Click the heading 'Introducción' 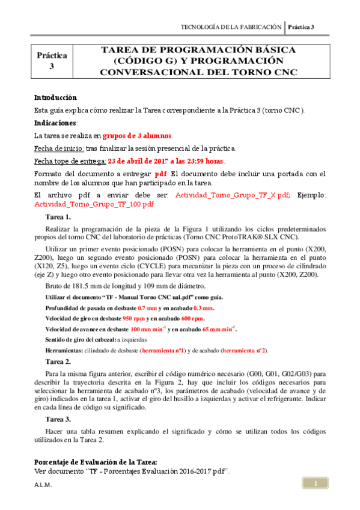click(x=56, y=97)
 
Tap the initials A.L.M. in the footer click(x=43, y=485)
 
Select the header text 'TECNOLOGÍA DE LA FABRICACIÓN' click(x=231, y=27)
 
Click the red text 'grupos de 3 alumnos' click(x=138, y=135)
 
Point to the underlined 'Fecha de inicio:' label click(x=59, y=148)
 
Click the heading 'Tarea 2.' click(x=58, y=362)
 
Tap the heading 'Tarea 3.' click(x=58, y=419)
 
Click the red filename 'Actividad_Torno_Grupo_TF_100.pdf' click(x=94, y=204)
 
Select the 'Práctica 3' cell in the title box click(x=52, y=61)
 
